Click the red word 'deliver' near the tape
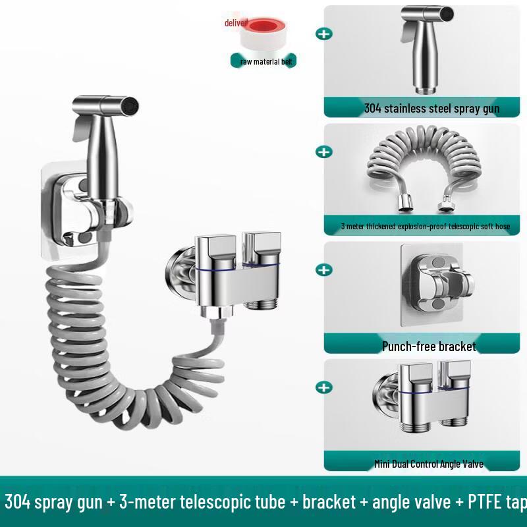[x=235, y=23]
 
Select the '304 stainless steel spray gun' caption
[x=431, y=109]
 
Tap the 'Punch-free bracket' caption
[x=429, y=346]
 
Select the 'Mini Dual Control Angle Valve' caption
[x=429, y=464]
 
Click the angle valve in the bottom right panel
[x=429, y=405]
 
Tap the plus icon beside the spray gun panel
[x=324, y=33]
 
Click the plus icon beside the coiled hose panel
[x=324, y=152]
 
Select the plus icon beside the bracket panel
[x=324, y=269]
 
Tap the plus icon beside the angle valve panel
[x=324, y=387]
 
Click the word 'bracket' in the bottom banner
[x=329, y=503]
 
